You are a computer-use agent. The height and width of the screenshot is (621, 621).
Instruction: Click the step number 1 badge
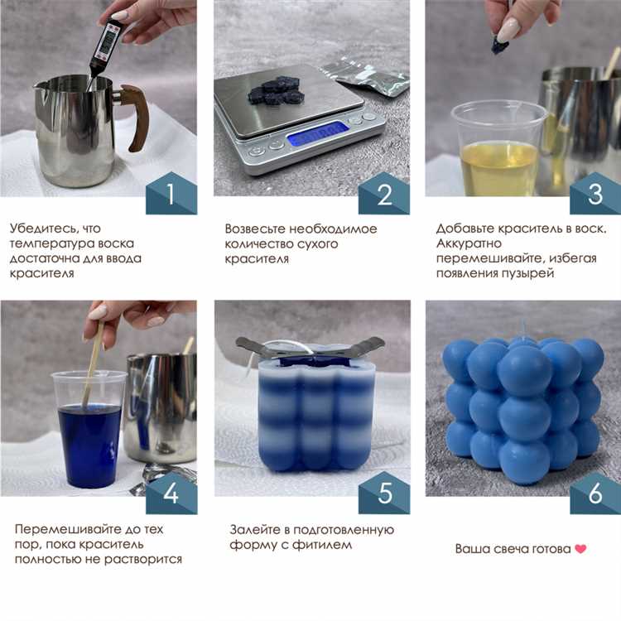point(171,194)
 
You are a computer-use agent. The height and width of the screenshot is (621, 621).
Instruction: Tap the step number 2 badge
point(384,194)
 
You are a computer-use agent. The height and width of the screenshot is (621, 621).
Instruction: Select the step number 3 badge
point(595,194)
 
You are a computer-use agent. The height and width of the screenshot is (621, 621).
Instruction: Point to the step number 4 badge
point(171,493)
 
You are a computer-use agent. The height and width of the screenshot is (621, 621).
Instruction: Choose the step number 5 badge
point(384,493)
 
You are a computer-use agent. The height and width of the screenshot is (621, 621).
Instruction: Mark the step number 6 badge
point(595,493)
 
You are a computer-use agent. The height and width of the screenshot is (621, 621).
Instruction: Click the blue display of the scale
point(318,133)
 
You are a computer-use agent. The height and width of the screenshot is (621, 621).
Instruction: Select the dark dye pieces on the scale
point(277,91)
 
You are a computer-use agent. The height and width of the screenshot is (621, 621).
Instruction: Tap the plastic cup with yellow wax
point(498,148)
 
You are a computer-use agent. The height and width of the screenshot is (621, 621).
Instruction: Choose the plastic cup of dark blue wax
point(89,429)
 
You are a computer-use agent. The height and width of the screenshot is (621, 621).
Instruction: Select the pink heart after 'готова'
point(580,549)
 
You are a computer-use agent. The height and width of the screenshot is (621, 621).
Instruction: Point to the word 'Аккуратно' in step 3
point(469,243)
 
